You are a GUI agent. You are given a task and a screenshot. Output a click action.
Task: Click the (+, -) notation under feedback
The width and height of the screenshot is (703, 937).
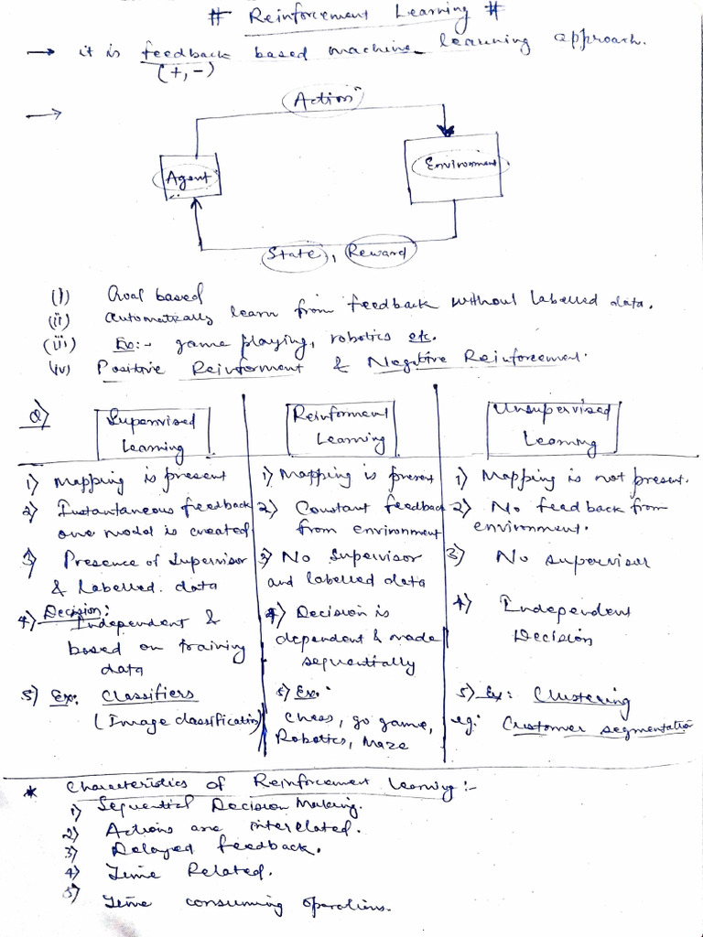(x=184, y=73)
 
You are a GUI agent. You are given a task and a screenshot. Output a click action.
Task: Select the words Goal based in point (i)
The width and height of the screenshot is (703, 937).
(x=154, y=295)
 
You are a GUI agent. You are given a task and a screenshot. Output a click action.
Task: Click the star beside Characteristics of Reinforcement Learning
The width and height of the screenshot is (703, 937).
(x=31, y=793)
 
